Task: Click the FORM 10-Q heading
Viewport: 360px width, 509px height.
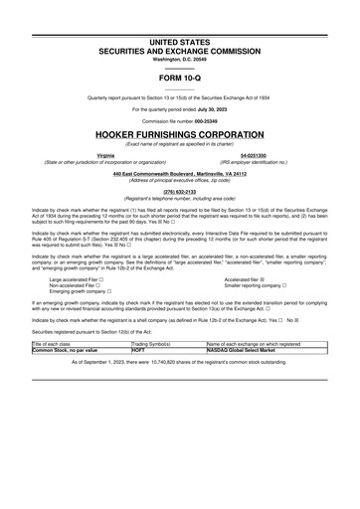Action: [x=179, y=77]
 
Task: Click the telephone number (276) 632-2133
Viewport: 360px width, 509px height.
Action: [x=179, y=193]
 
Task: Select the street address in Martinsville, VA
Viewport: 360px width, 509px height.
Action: [x=179, y=174]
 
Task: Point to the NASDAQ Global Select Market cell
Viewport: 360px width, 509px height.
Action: [x=243, y=349]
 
